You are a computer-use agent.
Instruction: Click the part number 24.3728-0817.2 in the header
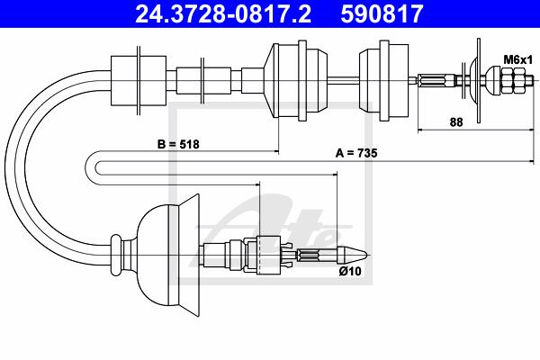tap(223, 14)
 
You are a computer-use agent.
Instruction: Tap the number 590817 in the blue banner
tap(382, 14)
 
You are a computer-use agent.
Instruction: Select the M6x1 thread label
tap(518, 59)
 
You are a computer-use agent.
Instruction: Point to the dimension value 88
tap(456, 122)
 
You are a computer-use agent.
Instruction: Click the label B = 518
tap(178, 144)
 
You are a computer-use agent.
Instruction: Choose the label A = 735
tap(356, 153)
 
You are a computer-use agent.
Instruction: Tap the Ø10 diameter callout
tap(350, 271)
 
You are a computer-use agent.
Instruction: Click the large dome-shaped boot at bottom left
tap(169, 255)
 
